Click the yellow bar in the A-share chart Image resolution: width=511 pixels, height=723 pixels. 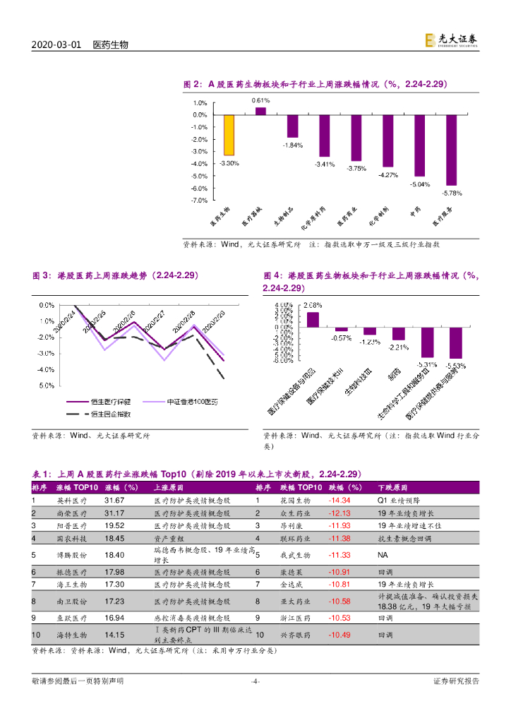tap(229, 135)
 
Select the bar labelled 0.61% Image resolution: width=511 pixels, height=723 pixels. tap(260, 111)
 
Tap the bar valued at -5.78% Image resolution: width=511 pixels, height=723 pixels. tap(451, 150)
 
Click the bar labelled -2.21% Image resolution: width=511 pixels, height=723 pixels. tap(399, 335)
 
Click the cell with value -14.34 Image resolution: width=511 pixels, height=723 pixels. tap(339, 501)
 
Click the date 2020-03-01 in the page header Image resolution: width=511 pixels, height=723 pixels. tap(57, 44)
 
